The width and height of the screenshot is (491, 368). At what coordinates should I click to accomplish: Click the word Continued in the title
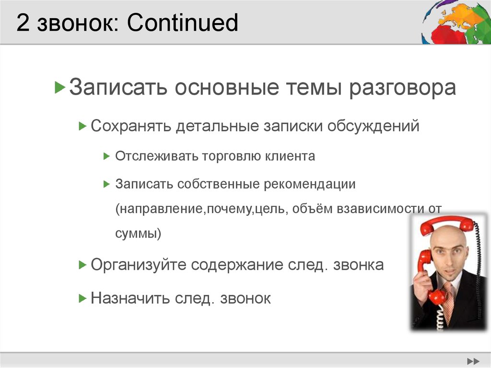click(x=183, y=23)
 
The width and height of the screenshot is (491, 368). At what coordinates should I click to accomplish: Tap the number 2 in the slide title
click(x=22, y=24)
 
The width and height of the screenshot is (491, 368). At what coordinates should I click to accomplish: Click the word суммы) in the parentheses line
click(x=138, y=234)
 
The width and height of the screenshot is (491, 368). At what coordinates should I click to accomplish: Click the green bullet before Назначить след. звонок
click(x=82, y=298)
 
